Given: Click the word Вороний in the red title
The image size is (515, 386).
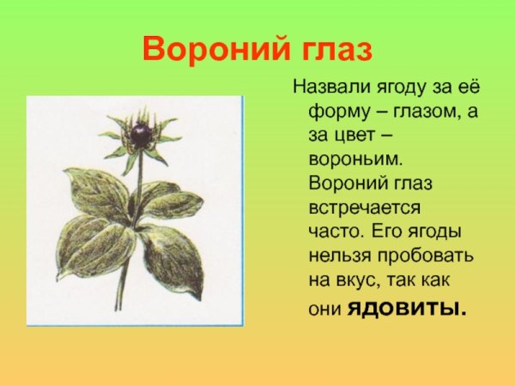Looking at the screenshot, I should pyautogui.click(x=206, y=50).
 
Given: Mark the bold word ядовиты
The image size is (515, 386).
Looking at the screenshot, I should pyautogui.click(x=407, y=306).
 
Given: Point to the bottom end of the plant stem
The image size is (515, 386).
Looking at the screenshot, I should pyautogui.click(x=118, y=309).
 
